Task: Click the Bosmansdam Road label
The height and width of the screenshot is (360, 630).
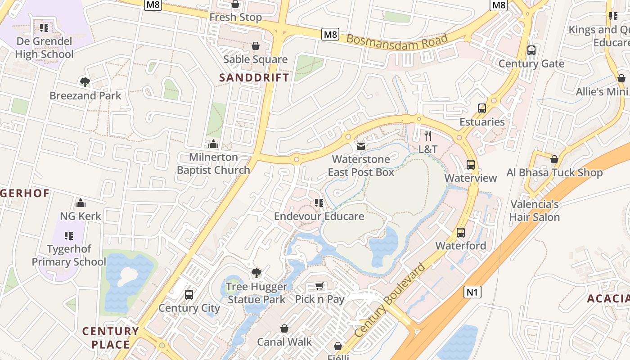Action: pyautogui.click(x=397, y=39)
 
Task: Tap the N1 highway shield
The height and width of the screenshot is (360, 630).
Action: pyautogui.click(x=472, y=292)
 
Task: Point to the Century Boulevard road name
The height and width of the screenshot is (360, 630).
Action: pyautogui.click(x=390, y=300)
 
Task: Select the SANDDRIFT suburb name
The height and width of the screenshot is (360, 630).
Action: pyautogui.click(x=254, y=77)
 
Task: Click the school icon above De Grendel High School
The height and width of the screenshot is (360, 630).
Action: pyautogui.click(x=44, y=28)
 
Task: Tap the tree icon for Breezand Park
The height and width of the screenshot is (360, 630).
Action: pyautogui.click(x=85, y=82)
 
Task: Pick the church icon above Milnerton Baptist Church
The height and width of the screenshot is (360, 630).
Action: pyautogui.click(x=213, y=144)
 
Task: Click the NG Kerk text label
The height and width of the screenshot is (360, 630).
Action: pyautogui.click(x=81, y=216)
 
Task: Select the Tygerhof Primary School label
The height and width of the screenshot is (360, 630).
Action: pyautogui.click(x=69, y=255)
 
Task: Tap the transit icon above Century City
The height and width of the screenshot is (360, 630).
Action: pyautogui.click(x=189, y=295)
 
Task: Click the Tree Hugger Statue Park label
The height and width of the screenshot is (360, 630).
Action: pyautogui.click(x=256, y=293)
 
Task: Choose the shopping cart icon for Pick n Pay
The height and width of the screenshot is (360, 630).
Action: pyautogui.click(x=319, y=286)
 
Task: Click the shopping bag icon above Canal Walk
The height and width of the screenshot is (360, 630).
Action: pyautogui.click(x=284, y=328)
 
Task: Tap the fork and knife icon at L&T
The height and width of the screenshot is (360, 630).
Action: pyautogui.click(x=428, y=135)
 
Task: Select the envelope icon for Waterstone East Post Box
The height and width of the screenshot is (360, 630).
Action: pyautogui.click(x=360, y=146)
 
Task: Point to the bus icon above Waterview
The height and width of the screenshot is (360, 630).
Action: pyautogui.click(x=471, y=165)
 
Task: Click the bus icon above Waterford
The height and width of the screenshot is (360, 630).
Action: pyautogui.click(x=461, y=233)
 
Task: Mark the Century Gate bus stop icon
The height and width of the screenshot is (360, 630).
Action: pyautogui.click(x=531, y=50)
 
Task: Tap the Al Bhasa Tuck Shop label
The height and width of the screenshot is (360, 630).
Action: pyautogui.click(x=554, y=173)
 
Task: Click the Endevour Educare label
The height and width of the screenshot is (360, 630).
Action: pyautogui.click(x=319, y=216)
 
